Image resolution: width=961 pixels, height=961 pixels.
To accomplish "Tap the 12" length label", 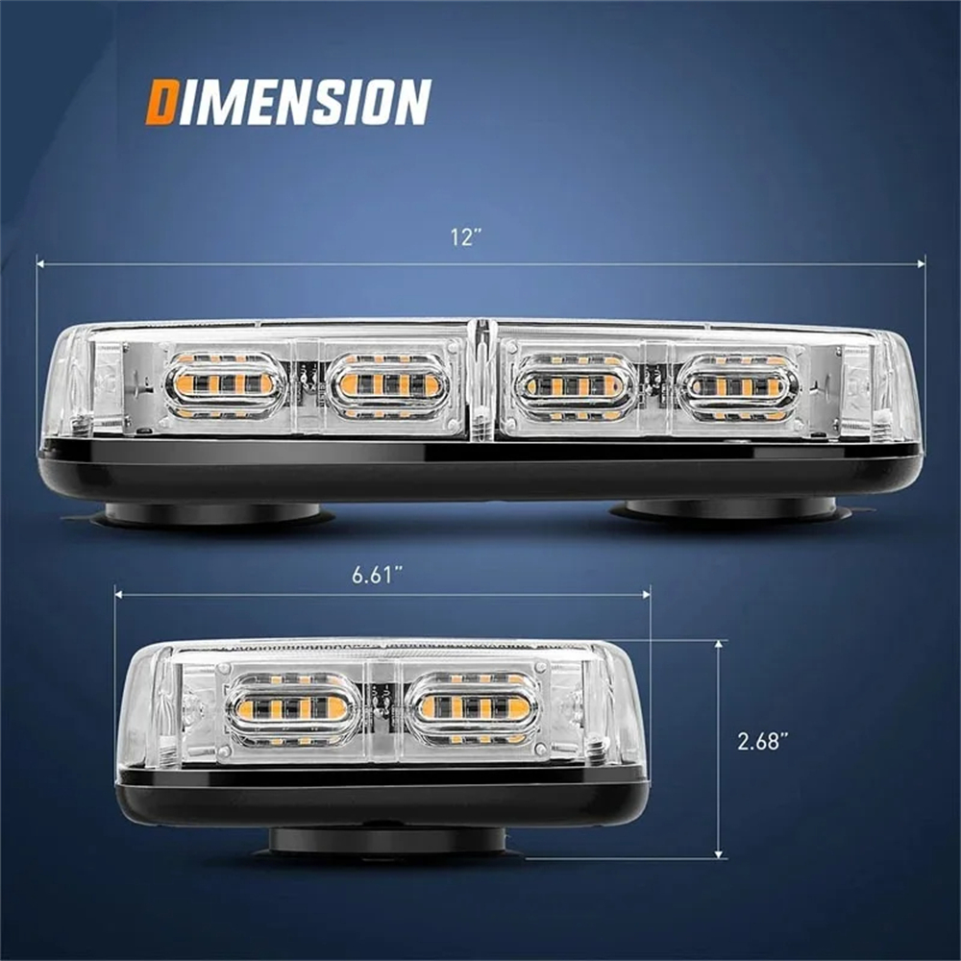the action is tap(464, 237).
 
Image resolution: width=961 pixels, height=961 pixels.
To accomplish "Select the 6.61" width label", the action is tap(377, 575).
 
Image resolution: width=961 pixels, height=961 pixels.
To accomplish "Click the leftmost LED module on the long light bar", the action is tap(225, 385).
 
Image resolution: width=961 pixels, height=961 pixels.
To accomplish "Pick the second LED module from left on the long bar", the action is tap(388, 385).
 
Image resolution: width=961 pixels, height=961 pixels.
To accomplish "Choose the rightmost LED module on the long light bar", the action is tap(741, 386).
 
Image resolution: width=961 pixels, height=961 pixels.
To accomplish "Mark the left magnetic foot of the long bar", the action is tap(211, 513).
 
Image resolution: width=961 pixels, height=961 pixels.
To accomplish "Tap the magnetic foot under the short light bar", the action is tap(387, 840).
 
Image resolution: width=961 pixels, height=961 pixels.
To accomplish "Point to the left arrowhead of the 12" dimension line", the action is tap(40, 263).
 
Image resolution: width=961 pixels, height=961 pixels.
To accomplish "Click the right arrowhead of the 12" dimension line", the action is tap(921, 264).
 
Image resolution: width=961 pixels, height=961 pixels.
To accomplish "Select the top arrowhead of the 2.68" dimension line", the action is tap(718, 645).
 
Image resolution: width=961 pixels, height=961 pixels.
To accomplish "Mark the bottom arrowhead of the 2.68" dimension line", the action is tap(718, 853).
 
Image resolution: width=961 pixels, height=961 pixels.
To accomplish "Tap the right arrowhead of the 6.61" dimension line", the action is tap(646, 594).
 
